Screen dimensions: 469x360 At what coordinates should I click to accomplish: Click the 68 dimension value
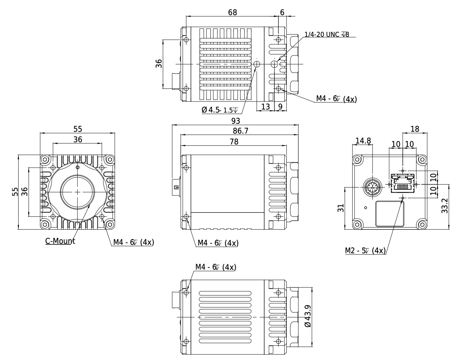[232, 12]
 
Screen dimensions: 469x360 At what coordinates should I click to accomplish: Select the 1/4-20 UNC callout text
[327, 35]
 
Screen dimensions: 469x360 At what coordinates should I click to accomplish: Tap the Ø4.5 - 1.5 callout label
[220, 110]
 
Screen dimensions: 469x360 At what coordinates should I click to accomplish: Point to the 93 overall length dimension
[236, 121]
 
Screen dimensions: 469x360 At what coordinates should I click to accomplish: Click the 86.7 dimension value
[241, 131]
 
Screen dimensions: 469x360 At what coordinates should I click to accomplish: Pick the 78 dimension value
[234, 142]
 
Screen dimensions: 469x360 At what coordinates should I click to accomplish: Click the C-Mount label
[60, 241]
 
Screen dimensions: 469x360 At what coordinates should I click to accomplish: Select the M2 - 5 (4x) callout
[365, 251]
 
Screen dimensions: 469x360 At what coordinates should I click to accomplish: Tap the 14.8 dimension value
[363, 141]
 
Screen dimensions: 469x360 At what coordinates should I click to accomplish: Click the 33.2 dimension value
[445, 206]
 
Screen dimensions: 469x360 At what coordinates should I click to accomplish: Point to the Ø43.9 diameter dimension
[308, 316]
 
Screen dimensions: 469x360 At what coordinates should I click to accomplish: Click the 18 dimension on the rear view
[415, 129]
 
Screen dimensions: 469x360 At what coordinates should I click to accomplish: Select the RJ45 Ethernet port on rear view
[403, 183]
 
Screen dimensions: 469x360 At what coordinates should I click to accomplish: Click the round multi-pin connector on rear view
[372, 187]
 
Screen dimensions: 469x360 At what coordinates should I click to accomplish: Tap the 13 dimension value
[265, 107]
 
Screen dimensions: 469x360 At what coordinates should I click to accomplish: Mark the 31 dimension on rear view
[341, 208]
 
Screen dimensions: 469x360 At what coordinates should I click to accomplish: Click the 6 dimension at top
[282, 12]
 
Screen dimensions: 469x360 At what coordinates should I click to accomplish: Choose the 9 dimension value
[280, 107]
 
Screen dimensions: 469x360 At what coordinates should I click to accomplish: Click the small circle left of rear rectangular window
[366, 208]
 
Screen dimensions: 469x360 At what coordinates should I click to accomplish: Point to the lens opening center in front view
[77, 192]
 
